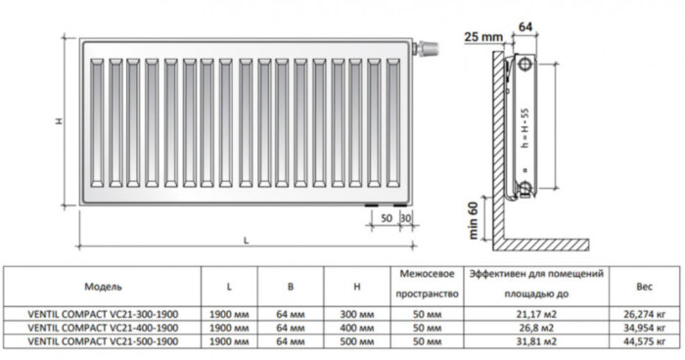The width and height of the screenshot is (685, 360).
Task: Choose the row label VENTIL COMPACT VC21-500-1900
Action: coord(103,340)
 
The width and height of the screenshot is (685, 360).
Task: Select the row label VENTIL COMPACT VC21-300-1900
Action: coord(103,313)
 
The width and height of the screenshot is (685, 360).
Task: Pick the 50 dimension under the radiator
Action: coord(387,216)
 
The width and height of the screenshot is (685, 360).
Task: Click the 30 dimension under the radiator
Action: coord(406,216)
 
